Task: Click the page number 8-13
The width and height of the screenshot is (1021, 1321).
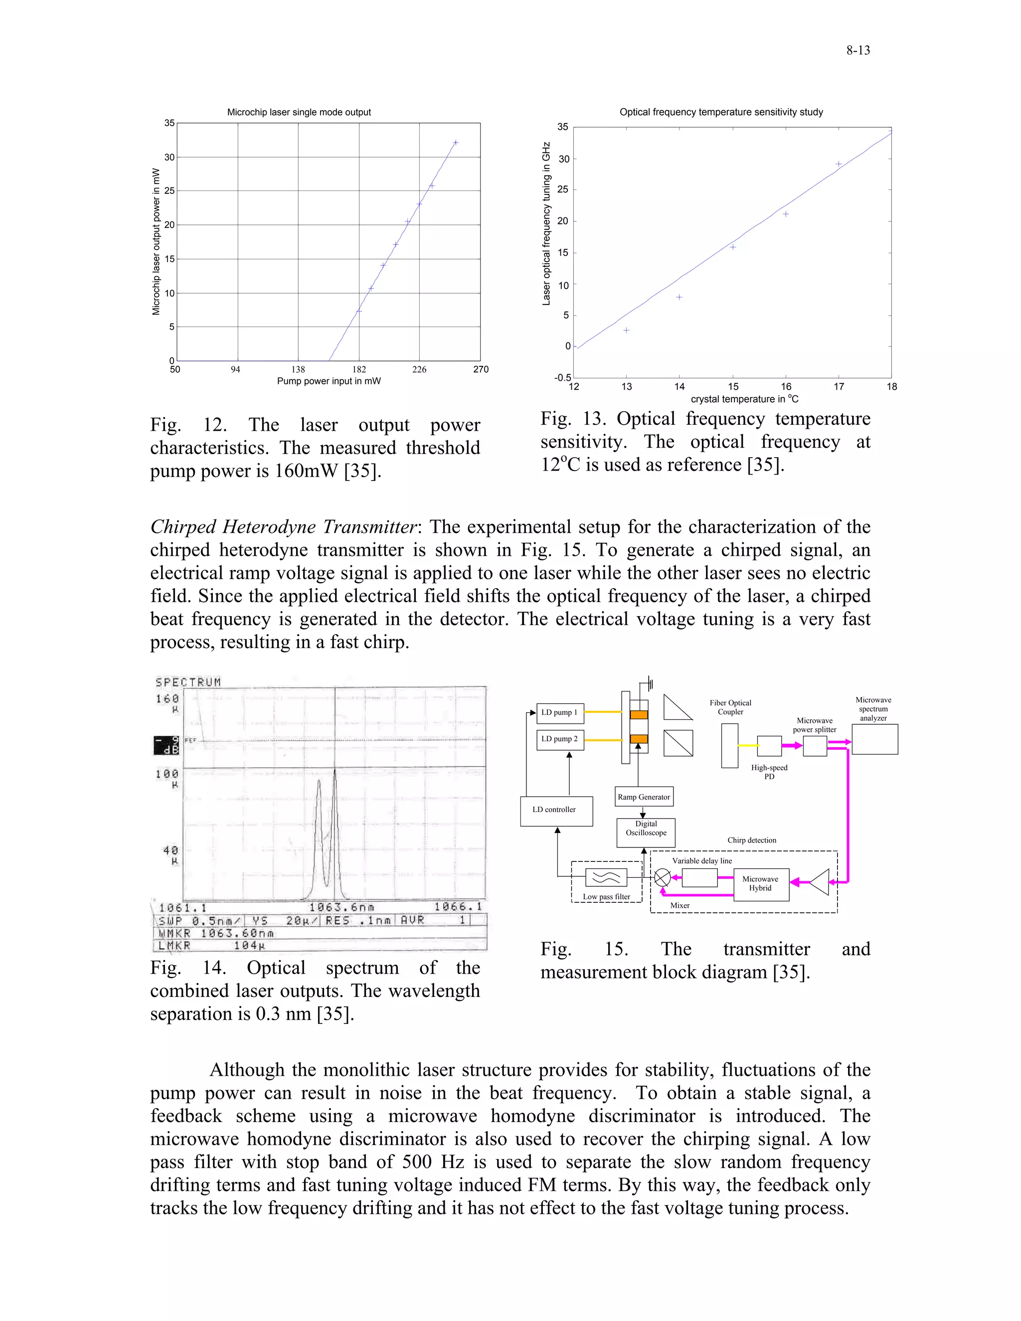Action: [x=857, y=51]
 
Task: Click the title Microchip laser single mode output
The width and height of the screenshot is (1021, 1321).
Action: [x=299, y=113]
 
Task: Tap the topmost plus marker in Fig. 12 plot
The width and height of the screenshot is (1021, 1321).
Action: [x=456, y=143]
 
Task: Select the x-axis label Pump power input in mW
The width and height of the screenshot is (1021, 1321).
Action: [x=329, y=381]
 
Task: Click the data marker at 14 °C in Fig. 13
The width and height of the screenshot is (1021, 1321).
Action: [x=680, y=297]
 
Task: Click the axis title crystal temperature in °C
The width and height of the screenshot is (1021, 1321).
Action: [x=744, y=399]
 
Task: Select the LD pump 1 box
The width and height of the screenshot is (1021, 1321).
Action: [x=560, y=712]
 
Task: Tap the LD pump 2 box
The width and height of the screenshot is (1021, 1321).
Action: [x=560, y=739]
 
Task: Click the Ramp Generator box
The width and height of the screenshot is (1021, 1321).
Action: [x=644, y=797]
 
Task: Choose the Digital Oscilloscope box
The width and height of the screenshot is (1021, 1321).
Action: [x=646, y=832]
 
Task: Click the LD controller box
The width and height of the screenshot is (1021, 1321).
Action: [x=556, y=811]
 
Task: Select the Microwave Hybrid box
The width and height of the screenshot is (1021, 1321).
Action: [x=760, y=884]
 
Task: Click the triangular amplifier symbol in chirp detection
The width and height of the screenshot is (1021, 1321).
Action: [x=820, y=882]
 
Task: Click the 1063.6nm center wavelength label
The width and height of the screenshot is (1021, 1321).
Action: [x=341, y=907]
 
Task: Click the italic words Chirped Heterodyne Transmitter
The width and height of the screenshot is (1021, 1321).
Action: [x=284, y=527]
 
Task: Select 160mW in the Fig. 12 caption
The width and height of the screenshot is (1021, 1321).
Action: [x=306, y=471]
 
